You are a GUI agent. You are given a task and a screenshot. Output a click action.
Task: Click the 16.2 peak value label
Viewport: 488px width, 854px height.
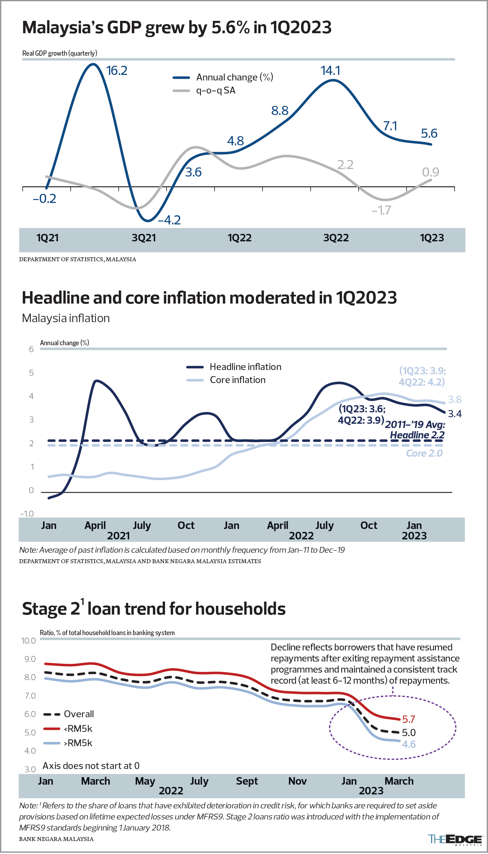(117, 71)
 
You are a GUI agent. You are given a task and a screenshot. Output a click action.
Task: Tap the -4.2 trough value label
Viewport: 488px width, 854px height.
(169, 221)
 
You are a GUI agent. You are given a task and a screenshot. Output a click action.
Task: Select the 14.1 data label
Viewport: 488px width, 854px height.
(330, 71)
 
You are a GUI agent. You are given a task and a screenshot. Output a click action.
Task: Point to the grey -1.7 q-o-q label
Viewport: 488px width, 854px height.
(381, 211)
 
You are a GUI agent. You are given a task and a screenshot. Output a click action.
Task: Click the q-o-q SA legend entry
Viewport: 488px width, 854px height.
(215, 91)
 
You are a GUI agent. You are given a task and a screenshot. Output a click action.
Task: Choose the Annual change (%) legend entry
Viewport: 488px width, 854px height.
(234, 78)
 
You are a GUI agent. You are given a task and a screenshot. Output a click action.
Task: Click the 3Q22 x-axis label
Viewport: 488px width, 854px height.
(336, 238)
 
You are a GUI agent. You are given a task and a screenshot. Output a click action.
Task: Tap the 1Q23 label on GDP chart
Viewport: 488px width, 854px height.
(432, 238)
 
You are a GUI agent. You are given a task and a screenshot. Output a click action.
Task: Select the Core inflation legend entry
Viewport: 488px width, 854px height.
(237, 380)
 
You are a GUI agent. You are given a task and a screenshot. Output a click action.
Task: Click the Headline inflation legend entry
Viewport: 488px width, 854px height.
(245, 367)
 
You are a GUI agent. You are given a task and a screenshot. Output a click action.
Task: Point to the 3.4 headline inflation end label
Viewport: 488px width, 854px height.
(454, 414)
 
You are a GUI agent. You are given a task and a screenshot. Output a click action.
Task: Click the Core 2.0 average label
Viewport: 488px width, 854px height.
(424, 454)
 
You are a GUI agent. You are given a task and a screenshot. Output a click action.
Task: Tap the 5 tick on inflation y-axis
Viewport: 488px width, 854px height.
(32, 373)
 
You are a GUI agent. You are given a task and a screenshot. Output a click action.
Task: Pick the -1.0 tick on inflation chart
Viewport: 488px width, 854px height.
(27, 514)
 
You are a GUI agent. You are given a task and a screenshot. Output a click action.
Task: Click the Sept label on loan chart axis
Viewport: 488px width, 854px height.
(247, 781)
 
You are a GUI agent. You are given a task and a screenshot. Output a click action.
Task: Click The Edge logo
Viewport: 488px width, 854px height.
(455, 840)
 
